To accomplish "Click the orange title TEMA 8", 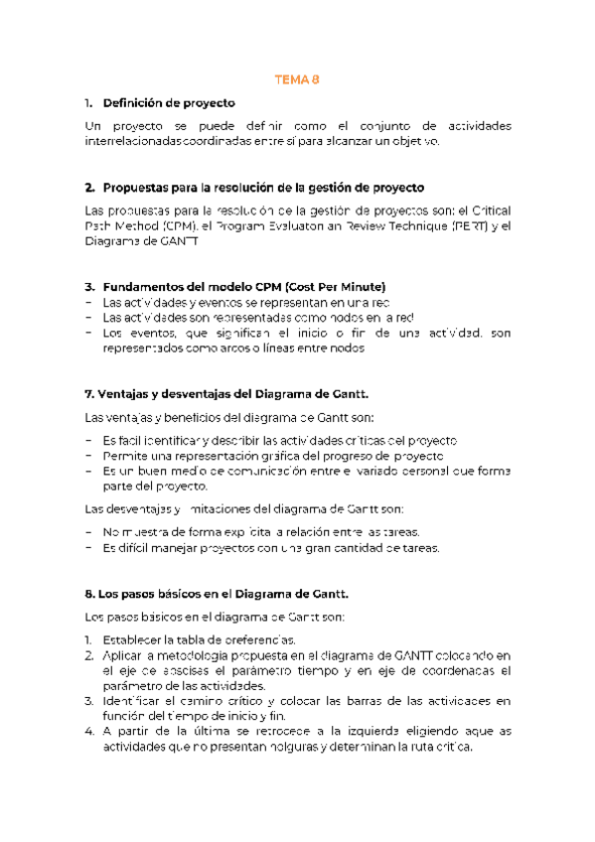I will click(297, 80).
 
